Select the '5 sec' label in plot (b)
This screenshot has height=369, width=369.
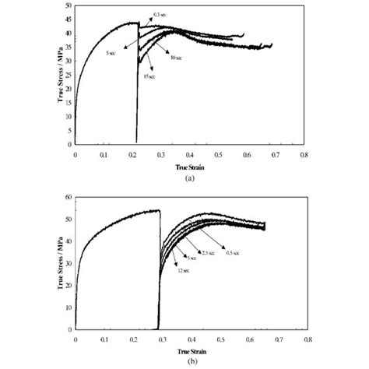click(x=191, y=258)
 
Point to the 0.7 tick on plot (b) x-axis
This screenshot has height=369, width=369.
click(x=278, y=339)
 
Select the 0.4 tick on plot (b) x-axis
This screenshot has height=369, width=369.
click(x=191, y=339)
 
